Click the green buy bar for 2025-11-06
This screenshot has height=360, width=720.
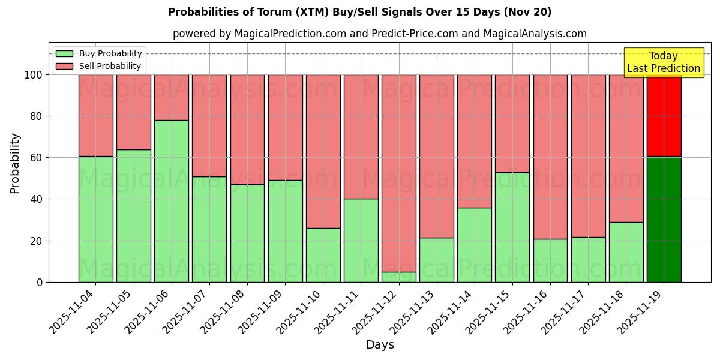[x=172, y=201]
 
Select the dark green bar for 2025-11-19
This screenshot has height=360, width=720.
[x=664, y=219]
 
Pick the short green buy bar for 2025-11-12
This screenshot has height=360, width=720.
[x=399, y=277]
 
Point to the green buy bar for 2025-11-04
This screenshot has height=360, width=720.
[x=96, y=219]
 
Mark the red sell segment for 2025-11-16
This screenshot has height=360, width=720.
[x=550, y=157]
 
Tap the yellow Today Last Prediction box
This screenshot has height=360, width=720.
[x=663, y=62]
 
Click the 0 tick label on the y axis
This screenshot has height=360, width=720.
[x=40, y=282]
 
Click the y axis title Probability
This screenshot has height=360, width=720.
[x=16, y=163]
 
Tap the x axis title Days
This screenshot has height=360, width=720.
[x=380, y=345]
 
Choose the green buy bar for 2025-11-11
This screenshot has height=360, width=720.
[x=361, y=240]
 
